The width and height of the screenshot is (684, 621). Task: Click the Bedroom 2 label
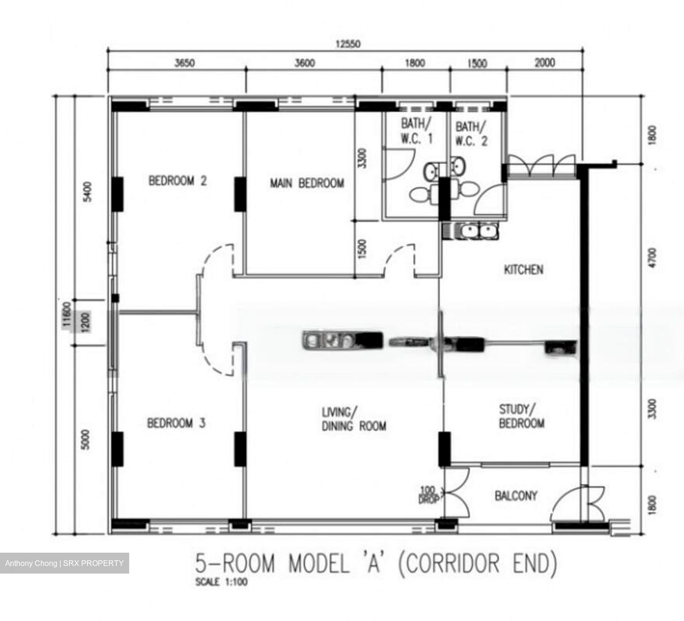(x=178, y=181)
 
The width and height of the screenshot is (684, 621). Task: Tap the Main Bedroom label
(x=307, y=183)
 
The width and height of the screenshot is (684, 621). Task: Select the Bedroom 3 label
(x=176, y=423)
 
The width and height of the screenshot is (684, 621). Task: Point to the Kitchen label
(x=523, y=270)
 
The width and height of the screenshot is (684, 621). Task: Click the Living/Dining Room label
(x=354, y=419)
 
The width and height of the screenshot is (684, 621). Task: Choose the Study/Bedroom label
(x=521, y=416)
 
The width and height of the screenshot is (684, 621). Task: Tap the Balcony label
(x=516, y=496)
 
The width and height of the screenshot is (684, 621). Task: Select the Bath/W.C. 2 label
(x=471, y=134)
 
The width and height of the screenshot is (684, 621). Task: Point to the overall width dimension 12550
(x=348, y=45)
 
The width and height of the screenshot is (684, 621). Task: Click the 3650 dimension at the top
(x=184, y=63)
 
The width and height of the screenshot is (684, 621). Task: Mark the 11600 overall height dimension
(x=66, y=315)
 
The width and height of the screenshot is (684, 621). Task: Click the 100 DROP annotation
(x=428, y=495)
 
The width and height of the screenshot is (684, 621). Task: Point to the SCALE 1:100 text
(x=221, y=582)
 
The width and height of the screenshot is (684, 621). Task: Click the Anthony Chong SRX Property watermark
(x=65, y=563)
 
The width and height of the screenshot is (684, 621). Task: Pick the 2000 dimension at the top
(x=544, y=63)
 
